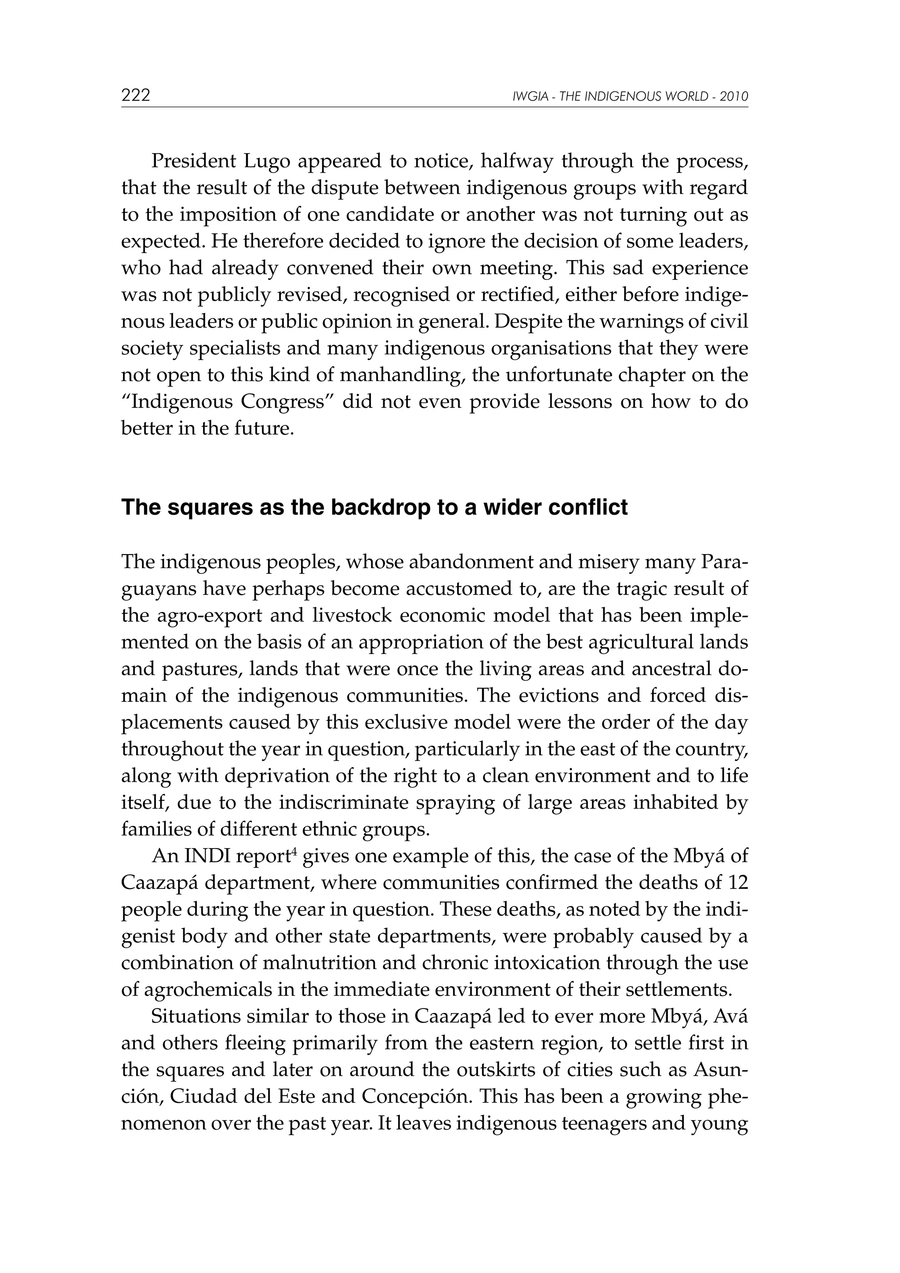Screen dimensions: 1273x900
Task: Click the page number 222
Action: click(x=136, y=96)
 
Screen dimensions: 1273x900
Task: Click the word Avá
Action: click(x=730, y=1017)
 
